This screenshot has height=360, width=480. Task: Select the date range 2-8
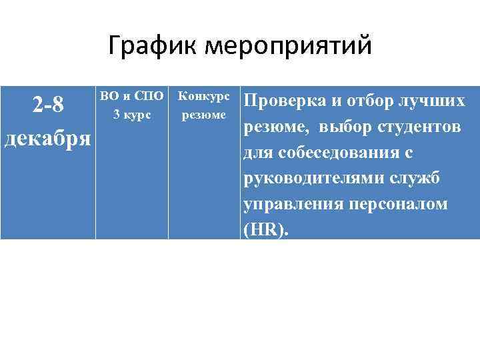[x=48, y=105]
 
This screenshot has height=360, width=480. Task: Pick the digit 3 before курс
[x=117, y=114]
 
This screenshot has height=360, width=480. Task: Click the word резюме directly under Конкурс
[x=204, y=114]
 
